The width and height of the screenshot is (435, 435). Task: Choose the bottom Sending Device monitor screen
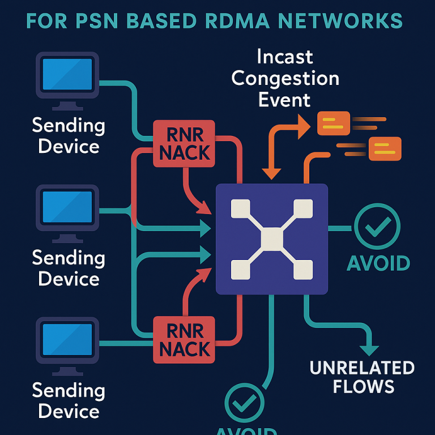tap(67, 339)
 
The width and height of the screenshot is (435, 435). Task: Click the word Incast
tap(285, 57)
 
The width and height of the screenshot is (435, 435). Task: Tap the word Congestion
tap(285, 78)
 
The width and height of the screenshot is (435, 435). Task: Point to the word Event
tap(285, 100)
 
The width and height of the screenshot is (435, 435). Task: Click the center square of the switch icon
tap(272, 238)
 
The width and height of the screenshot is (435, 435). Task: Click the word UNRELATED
tap(362, 368)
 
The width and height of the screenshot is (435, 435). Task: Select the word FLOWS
tap(363, 387)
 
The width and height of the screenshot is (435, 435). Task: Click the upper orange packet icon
tap(333, 123)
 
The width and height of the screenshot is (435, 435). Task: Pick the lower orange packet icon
tap(385, 148)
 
